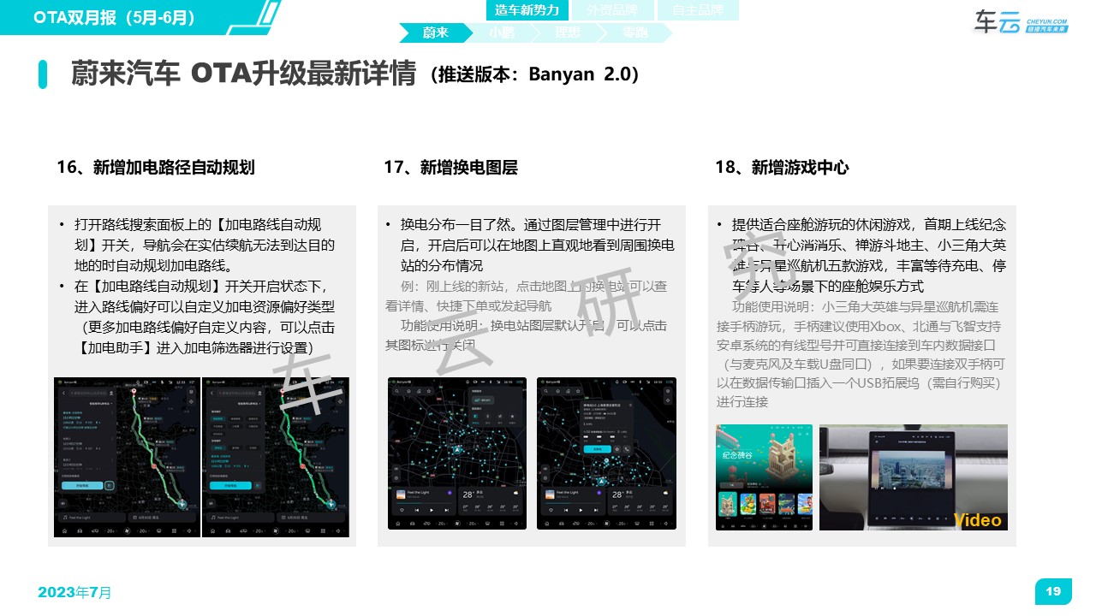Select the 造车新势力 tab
(527, 10)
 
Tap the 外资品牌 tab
(611, 10)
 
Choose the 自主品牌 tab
(697, 10)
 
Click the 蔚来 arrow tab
(435, 33)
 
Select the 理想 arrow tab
(567, 33)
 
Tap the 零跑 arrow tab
(634, 33)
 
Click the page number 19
(1053, 591)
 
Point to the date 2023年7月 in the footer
(74, 592)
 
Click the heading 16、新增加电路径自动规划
(155, 168)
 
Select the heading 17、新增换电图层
(450, 168)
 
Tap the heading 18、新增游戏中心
(782, 168)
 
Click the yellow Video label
(977, 520)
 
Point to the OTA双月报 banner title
(115, 16)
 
